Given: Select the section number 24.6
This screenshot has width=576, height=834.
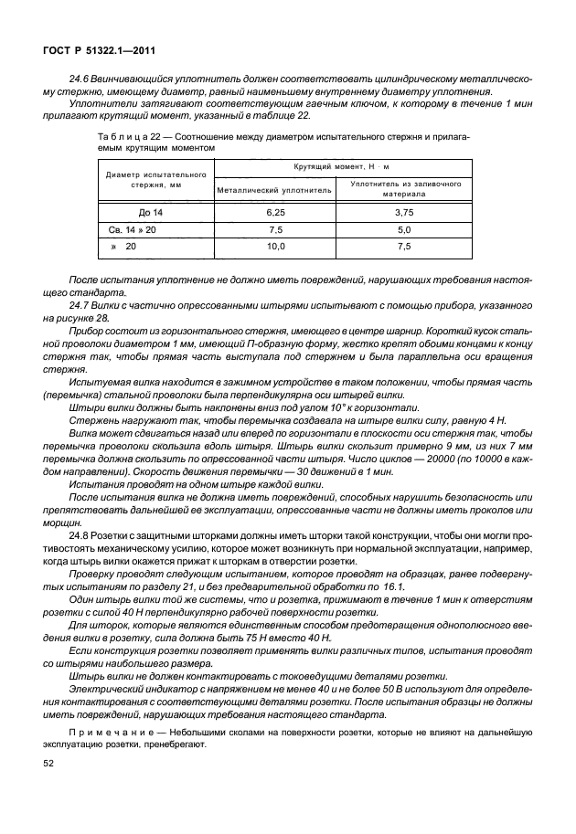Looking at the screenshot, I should click(x=80, y=79).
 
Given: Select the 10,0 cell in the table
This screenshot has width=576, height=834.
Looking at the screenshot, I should click(x=275, y=248).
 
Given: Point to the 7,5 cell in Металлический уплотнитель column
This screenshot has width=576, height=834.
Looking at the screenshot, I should click(x=275, y=229).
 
